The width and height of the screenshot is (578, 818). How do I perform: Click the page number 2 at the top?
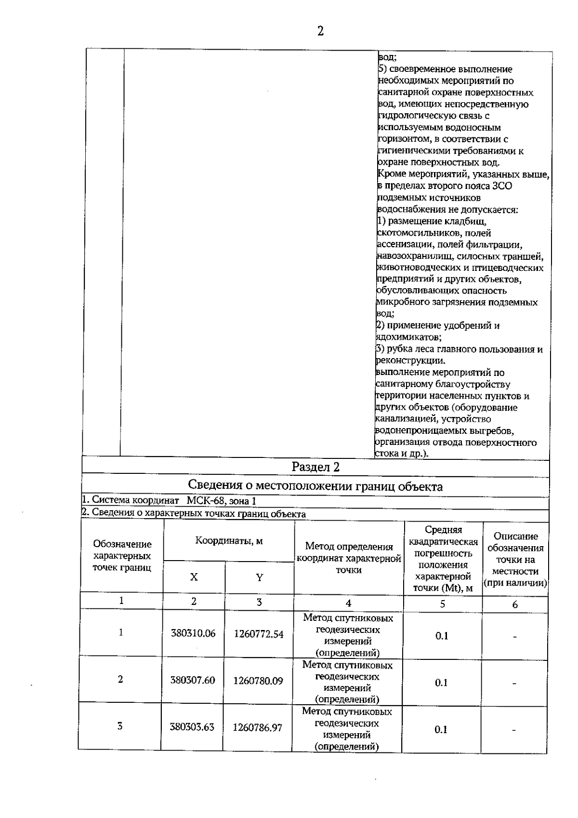coord(320,31)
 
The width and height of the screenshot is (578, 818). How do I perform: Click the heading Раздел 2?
coord(315,467)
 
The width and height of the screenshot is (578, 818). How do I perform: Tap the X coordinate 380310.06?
coord(193,633)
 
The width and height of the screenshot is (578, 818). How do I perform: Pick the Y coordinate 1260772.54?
coord(259,634)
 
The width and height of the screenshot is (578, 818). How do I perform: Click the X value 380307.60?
coord(193,680)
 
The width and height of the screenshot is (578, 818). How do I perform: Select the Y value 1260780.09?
coord(258,681)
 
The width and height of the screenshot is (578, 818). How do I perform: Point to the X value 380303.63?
coord(192,727)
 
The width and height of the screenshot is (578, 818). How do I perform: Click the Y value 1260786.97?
coord(258,727)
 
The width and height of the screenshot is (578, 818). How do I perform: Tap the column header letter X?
coord(194,577)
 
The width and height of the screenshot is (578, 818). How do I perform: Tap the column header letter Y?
coord(259,577)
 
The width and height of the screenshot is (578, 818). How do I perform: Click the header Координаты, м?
coord(229,541)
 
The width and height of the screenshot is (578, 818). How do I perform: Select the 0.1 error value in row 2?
coord(441,683)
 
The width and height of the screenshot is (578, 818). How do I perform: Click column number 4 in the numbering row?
coord(348,603)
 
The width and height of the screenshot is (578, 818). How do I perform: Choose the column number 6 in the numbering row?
coord(515,604)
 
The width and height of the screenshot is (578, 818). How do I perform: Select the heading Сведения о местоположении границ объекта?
coord(315,486)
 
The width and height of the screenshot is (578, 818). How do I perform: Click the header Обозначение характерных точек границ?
coord(122,556)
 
